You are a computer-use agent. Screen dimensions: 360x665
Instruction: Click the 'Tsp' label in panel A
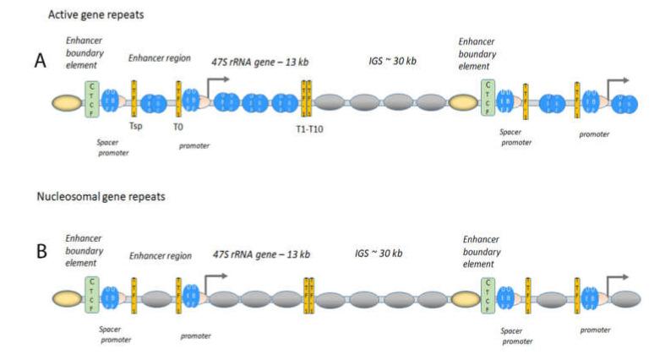coord(135,126)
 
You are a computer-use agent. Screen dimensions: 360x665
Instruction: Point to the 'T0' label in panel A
coord(178,126)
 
